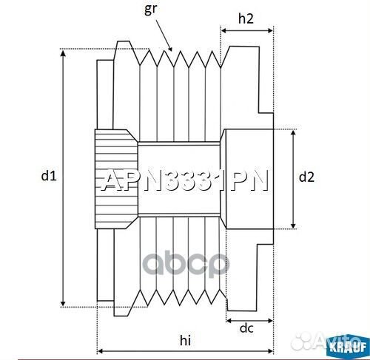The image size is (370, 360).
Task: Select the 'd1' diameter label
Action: (48, 176)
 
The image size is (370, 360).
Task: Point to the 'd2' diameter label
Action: (306, 177)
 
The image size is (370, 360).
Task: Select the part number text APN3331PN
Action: (184, 181)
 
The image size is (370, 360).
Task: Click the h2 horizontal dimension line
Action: (247, 33)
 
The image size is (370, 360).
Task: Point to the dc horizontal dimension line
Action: (249, 322)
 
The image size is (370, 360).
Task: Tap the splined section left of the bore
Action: (115, 177)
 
